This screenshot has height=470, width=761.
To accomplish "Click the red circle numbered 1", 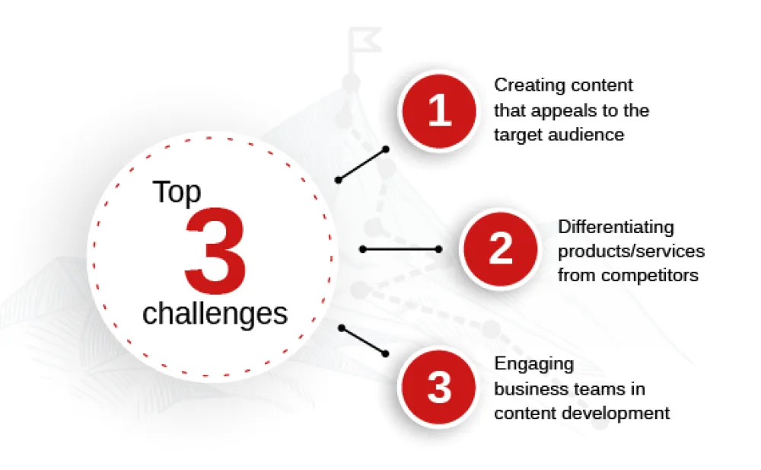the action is click(439, 110).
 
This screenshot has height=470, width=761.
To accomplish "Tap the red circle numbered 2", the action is click(501, 249).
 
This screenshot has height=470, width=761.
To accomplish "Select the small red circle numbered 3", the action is click(439, 388).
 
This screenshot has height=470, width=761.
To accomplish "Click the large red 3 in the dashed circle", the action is click(215, 251).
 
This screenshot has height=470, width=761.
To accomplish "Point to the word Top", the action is click(177, 193).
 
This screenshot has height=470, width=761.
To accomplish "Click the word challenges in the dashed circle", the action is click(215, 314).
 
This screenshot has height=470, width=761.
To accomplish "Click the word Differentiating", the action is click(616, 228).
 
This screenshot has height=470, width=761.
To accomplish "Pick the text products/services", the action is click(631, 251).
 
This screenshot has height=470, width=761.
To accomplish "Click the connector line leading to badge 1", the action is click(362, 165).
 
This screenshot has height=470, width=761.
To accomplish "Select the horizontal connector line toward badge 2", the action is click(401, 249).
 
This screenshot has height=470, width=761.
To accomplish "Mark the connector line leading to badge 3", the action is click(364, 341).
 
